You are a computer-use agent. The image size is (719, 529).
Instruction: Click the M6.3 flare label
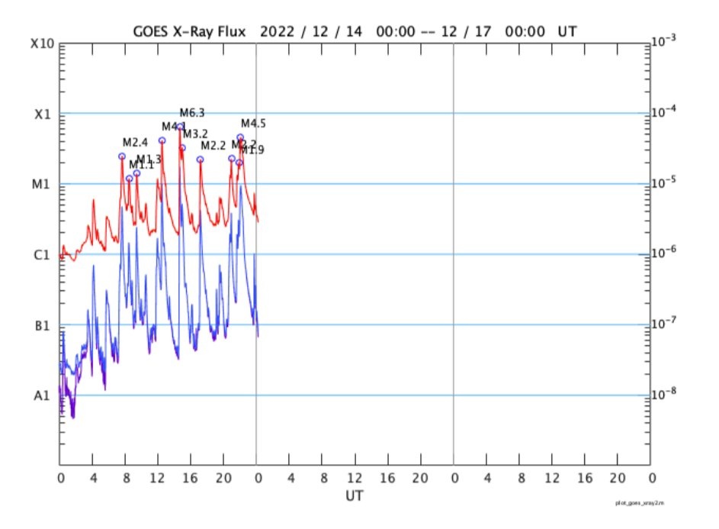click(x=192, y=113)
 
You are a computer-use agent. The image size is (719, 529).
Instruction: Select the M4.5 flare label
click(x=254, y=124)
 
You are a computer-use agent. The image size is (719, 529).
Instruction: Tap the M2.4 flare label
click(x=134, y=143)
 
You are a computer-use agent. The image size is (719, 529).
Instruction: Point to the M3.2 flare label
click(x=195, y=134)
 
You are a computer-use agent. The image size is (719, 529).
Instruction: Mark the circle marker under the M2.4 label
click(x=122, y=156)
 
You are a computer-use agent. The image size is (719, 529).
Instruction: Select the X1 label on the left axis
click(x=43, y=115)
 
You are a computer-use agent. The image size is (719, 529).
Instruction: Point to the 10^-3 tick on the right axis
click(x=665, y=43)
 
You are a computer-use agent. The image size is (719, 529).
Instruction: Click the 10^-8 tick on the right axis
click(x=665, y=395)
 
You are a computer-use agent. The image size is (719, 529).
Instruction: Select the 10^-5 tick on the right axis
click(x=665, y=183)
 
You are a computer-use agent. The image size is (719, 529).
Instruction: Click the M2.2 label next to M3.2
click(x=213, y=146)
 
